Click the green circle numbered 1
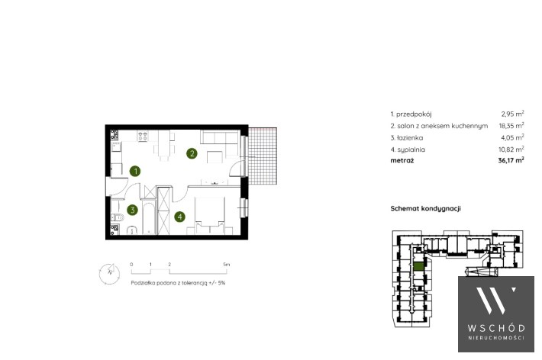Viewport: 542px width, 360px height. point(135,171)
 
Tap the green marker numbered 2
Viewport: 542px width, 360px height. point(192,153)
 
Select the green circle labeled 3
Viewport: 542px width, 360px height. point(132,210)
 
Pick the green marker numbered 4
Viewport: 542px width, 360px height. point(179,217)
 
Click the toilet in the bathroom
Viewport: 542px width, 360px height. point(118,217)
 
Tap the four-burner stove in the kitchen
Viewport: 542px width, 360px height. point(143,136)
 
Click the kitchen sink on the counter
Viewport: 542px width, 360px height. point(116,147)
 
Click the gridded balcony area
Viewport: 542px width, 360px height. point(263,156)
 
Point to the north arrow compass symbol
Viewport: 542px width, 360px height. point(110,273)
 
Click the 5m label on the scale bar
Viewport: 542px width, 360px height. point(227,265)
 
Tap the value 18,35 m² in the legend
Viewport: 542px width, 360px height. point(511,125)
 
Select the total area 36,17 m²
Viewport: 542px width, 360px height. point(511,160)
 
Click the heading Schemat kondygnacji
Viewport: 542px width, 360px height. point(425,208)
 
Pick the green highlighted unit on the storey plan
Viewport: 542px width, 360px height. point(418,266)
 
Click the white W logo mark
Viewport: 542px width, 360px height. point(495,301)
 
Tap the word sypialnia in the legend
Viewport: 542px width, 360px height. point(411,149)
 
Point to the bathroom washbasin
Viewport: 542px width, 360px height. point(132,230)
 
